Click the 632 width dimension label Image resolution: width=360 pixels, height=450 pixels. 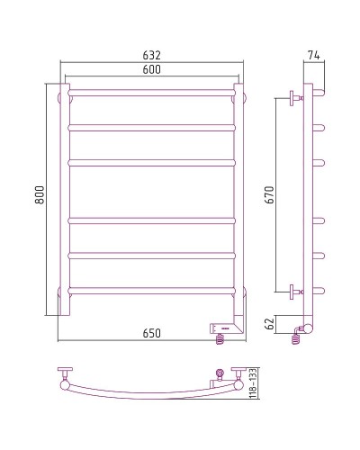pyautogui.click(x=152, y=55)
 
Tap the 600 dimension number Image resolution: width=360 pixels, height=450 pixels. pyautogui.click(x=152, y=69)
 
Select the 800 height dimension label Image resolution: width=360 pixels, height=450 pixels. pyautogui.click(x=40, y=195)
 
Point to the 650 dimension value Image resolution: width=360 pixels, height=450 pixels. pyautogui.click(x=152, y=333)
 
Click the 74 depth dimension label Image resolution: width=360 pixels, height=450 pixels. pyautogui.click(x=314, y=55)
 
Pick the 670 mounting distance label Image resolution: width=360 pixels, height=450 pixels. pyautogui.click(x=270, y=195)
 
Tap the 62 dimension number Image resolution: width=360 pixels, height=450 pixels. pyautogui.click(x=270, y=324)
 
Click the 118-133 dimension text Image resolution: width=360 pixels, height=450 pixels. pyautogui.click(x=253, y=383)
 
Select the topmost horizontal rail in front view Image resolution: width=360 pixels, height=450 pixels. pyautogui.click(x=152, y=93)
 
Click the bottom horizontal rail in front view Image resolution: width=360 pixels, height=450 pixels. pyautogui.click(x=152, y=291)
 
